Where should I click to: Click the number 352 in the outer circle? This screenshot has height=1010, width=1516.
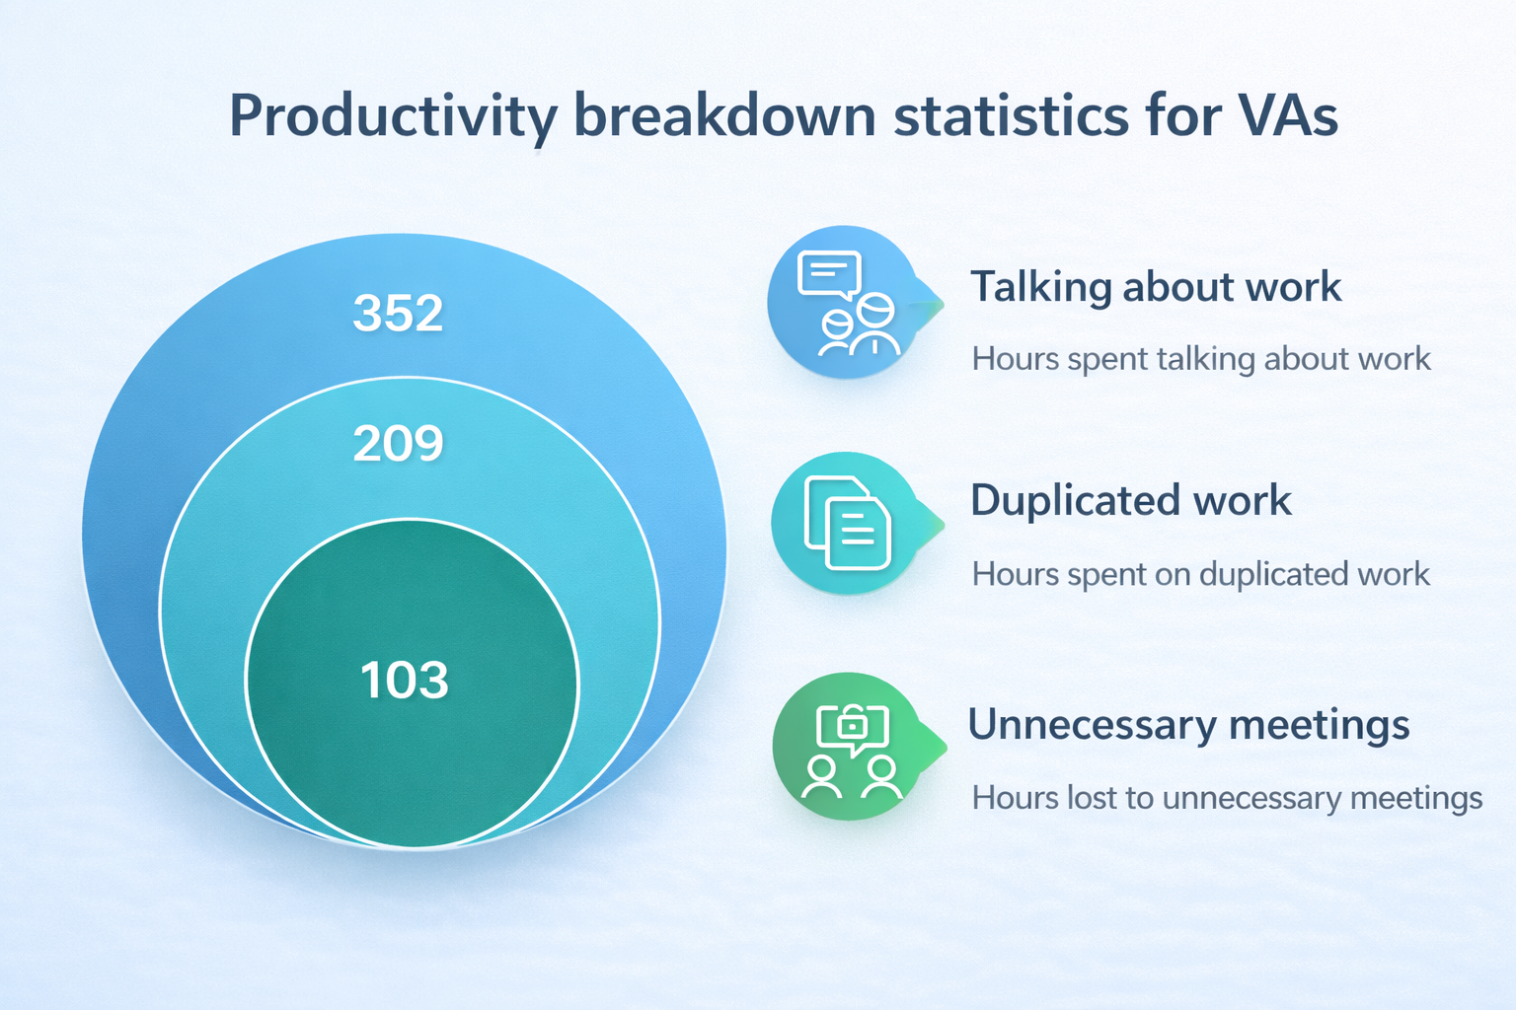click(398, 313)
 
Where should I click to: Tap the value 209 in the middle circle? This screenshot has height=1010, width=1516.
click(398, 444)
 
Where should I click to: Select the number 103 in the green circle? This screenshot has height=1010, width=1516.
click(404, 680)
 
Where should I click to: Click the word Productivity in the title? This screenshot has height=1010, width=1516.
click(393, 116)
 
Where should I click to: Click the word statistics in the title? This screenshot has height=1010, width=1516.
click(1011, 115)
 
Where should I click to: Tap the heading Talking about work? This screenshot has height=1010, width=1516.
click(1156, 287)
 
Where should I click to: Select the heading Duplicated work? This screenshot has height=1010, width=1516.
click(1131, 501)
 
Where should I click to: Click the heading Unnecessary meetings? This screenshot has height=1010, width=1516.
click(1188, 725)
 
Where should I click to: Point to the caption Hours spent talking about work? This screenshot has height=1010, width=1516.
click(1201, 359)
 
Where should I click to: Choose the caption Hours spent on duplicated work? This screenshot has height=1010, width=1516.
click(1200, 574)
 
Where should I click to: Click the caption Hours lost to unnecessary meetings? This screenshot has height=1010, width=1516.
click(1227, 798)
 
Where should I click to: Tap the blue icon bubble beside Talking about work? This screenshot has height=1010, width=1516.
click(850, 303)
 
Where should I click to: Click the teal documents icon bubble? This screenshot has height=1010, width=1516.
click(852, 523)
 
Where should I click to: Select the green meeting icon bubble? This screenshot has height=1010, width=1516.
click(853, 747)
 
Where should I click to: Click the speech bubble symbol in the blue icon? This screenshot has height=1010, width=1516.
click(829, 274)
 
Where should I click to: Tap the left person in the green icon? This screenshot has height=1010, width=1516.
click(821, 778)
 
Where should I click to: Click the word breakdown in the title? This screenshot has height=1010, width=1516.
click(724, 115)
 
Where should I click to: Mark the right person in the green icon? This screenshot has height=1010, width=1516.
click(881, 778)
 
